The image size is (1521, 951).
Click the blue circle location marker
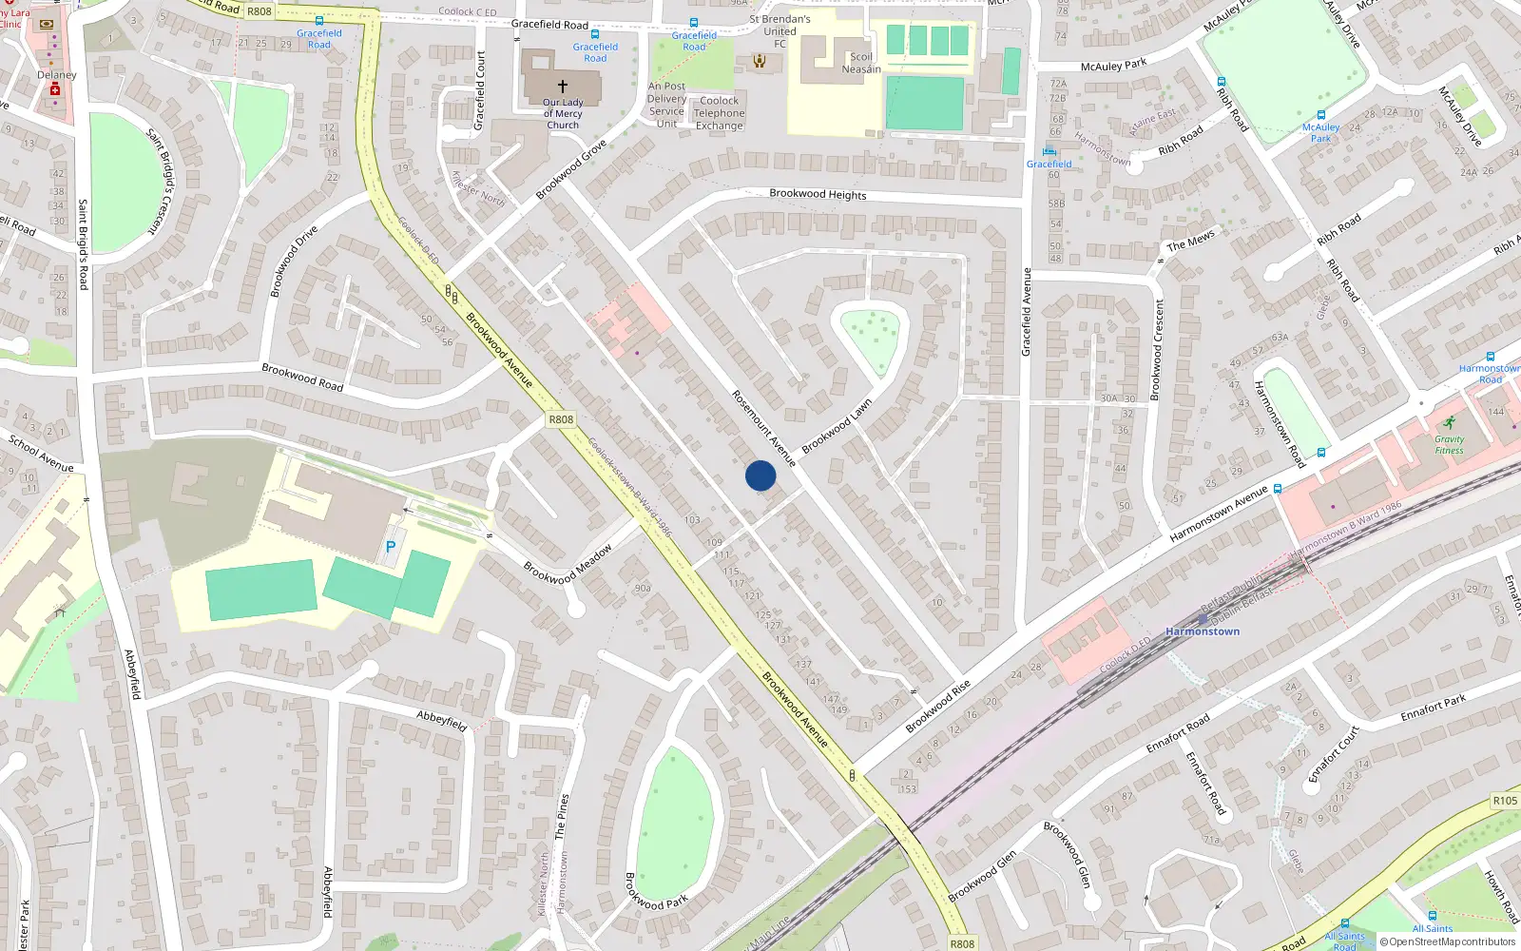pos(760,475)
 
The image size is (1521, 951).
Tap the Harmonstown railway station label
pos(1203,631)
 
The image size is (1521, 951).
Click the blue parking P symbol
pos(390,548)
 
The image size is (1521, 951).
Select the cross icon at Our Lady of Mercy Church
pos(563,87)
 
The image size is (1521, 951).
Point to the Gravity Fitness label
pos(1449,444)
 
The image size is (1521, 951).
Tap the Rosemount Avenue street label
pos(762,427)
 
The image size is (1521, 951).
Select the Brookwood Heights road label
pos(818,194)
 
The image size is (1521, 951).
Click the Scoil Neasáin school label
pos(861,63)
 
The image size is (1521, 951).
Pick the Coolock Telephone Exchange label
pos(720,113)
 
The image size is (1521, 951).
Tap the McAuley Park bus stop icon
pos(1320,115)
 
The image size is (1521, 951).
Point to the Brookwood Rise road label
pos(937,707)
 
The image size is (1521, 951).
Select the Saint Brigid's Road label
pos(83,244)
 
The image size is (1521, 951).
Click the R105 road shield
pos(1505,801)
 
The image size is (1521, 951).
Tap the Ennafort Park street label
pos(1433,708)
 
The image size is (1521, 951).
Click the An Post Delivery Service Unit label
pos(666,105)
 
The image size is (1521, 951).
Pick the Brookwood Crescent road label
pos(1157,349)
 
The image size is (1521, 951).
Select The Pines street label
pos(562,815)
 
